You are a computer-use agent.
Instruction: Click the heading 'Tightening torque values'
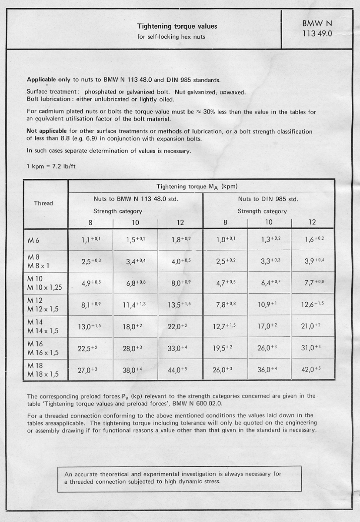[x=177, y=27]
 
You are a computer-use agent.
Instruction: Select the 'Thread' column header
[x=43, y=203]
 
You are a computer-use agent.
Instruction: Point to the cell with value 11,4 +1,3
[x=135, y=304]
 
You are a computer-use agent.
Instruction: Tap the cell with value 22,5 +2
[x=89, y=348]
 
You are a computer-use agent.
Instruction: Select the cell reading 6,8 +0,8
[x=135, y=282]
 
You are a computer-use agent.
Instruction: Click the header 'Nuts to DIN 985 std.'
[x=268, y=199]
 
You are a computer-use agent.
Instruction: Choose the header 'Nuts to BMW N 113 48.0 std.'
[x=136, y=199]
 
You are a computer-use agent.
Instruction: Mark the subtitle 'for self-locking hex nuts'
[x=171, y=37]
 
